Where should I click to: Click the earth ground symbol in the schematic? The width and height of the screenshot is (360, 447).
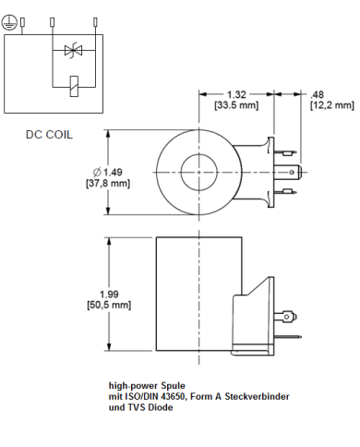coord(9,26)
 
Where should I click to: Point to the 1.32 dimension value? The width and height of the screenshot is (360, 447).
coord(237,93)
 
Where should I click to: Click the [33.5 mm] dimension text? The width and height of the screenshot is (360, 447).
coord(237,105)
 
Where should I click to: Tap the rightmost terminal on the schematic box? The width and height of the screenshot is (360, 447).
coord(95,20)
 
